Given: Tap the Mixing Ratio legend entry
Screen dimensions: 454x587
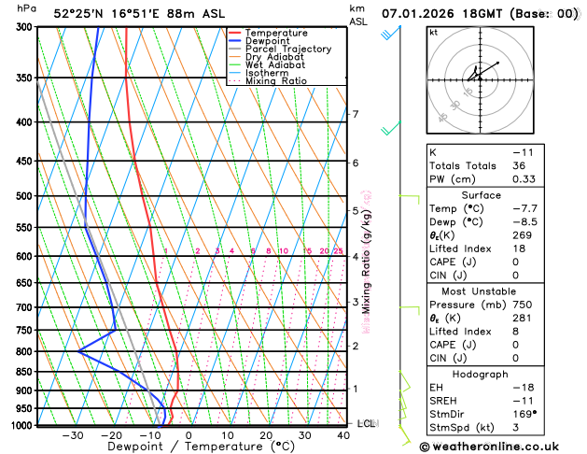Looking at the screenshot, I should point(275,81).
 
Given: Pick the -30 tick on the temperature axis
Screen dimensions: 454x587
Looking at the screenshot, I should point(73,435).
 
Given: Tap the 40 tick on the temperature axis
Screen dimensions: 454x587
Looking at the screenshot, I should point(344,435).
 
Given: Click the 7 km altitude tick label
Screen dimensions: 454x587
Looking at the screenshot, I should point(356,115).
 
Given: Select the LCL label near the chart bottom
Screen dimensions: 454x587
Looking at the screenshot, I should point(367,423).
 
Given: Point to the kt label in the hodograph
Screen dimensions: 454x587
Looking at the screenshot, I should point(433,32).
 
